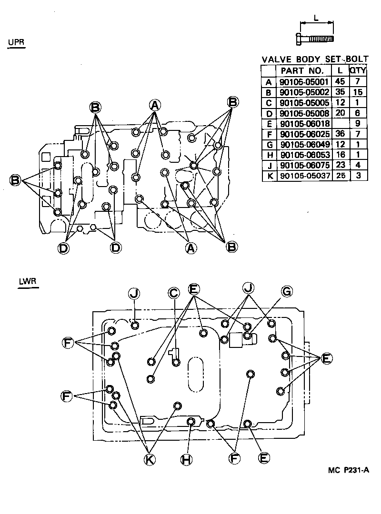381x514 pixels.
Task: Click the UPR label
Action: [x=16, y=42]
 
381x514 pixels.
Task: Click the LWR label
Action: [x=28, y=281]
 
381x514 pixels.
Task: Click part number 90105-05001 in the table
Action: [x=304, y=82]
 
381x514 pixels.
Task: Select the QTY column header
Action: [x=357, y=70]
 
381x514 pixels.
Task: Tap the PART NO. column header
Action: [x=302, y=70]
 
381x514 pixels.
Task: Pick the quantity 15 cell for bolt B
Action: [x=357, y=92]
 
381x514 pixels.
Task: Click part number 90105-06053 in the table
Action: [x=305, y=155]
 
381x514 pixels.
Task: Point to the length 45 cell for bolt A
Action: [x=340, y=81]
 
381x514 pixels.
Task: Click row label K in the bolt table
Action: [x=270, y=176]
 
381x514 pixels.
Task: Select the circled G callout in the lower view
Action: [x=287, y=291]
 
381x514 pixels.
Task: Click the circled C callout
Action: [x=174, y=293]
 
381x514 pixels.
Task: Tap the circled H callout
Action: [x=186, y=460]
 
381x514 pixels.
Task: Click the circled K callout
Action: [x=150, y=460]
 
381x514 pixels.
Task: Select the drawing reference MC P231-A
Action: [x=348, y=470]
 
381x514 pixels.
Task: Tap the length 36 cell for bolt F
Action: [x=341, y=134]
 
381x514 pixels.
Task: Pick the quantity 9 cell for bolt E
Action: [x=358, y=123]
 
